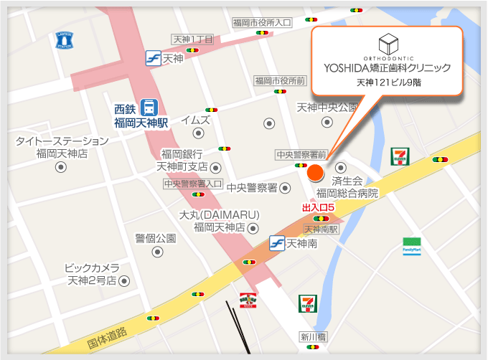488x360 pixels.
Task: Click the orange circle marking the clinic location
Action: [314, 173]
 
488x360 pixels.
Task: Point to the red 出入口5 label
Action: [319, 207]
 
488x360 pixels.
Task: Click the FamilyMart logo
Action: [412, 247]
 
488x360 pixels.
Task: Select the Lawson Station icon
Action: [64, 39]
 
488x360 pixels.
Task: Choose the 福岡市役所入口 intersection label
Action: [262, 23]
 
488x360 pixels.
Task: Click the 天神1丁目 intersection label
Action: [193, 39]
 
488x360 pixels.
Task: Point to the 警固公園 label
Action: [155, 237]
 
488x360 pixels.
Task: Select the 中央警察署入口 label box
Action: [193, 184]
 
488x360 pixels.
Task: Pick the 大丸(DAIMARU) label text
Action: [219, 215]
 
